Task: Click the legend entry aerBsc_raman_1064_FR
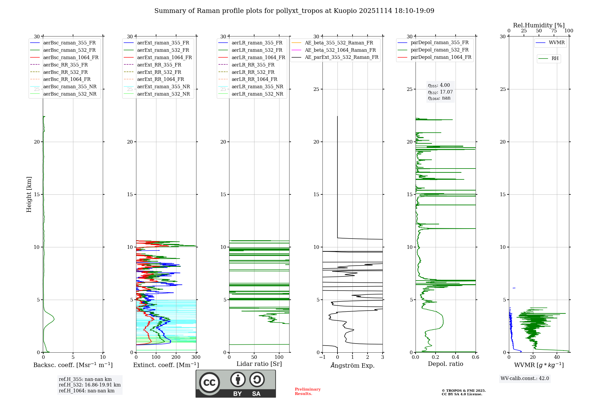(x=71, y=58)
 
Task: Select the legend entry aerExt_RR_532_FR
(x=159, y=72)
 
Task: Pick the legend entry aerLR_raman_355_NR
(x=257, y=86)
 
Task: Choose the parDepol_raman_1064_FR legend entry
(x=441, y=57)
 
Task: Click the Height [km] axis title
(x=29, y=194)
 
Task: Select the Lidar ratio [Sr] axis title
(x=259, y=364)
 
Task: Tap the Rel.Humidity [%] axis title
(x=539, y=25)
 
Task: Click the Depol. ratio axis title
(x=445, y=364)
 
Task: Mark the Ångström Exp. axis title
(x=353, y=365)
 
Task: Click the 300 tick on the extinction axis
(x=196, y=357)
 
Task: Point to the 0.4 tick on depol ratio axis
(x=456, y=357)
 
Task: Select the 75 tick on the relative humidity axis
(x=554, y=31)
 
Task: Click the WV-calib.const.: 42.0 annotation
(x=525, y=378)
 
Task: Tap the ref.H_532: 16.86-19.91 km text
(x=90, y=385)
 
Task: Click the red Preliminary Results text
(x=307, y=391)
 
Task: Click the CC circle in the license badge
(x=209, y=383)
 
